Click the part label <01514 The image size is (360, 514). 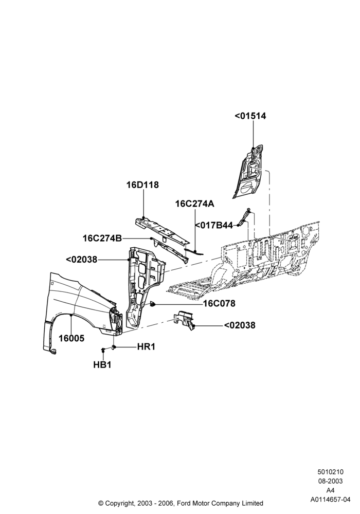pyautogui.click(x=250, y=116)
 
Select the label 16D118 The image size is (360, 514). pyautogui.click(x=142, y=185)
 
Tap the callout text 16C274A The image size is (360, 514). pyautogui.click(x=195, y=204)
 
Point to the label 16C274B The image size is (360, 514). pyautogui.click(x=102, y=238)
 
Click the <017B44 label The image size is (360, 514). pyautogui.click(x=214, y=226)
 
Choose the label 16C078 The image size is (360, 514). pyautogui.click(x=220, y=304)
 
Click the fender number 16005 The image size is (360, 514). pyautogui.click(x=71, y=338)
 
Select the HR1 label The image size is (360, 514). pyautogui.click(x=146, y=346)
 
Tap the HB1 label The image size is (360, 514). pyautogui.click(x=102, y=364)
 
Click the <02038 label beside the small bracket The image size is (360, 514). pyautogui.click(x=240, y=325)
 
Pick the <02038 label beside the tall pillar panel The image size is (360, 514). pyautogui.click(x=82, y=260)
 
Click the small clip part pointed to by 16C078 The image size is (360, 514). pyautogui.click(x=152, y=304)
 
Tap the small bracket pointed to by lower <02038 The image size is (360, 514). pyautogui.click(x=185, y=320)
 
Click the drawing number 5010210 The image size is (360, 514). pyautogui.click(x=330, y=472)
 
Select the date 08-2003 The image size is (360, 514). pyautogui.click(x=330, y=481)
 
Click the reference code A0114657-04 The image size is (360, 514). pyautogui.click(x=330, y=500)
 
